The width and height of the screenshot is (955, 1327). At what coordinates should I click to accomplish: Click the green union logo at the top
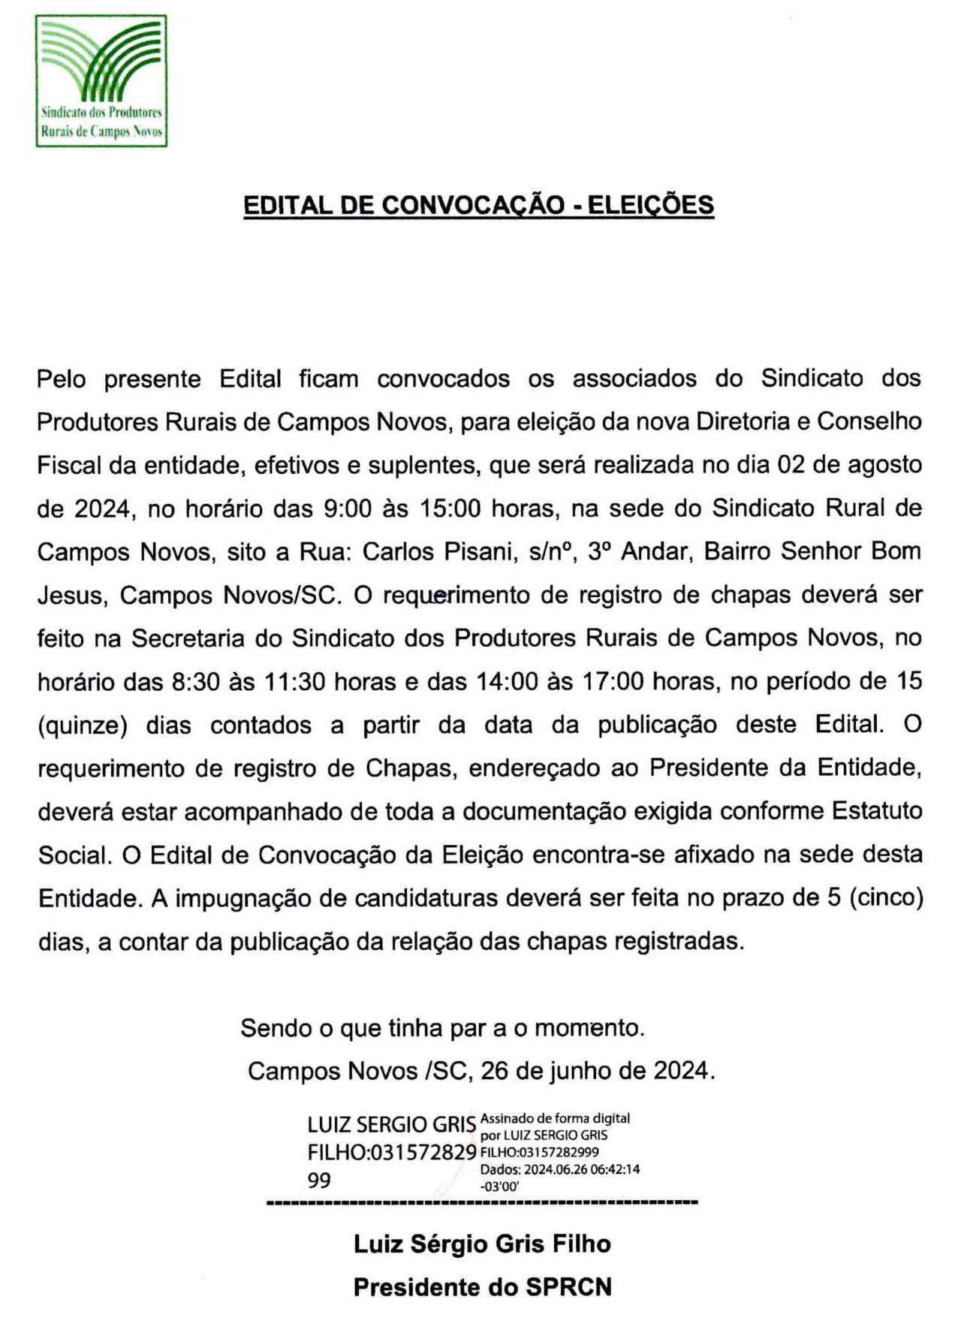pos(101,80)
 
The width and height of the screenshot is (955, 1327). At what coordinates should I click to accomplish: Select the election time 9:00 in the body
pos(347,509)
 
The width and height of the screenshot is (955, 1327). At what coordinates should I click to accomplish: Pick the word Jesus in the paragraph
pos(68,596)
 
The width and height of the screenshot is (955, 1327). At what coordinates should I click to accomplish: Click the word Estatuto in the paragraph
pos(876,812)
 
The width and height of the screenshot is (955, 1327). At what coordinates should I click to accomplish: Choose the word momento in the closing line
pos(589,1027)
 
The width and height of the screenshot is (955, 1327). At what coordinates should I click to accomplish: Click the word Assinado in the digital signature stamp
pos(504,1119)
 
